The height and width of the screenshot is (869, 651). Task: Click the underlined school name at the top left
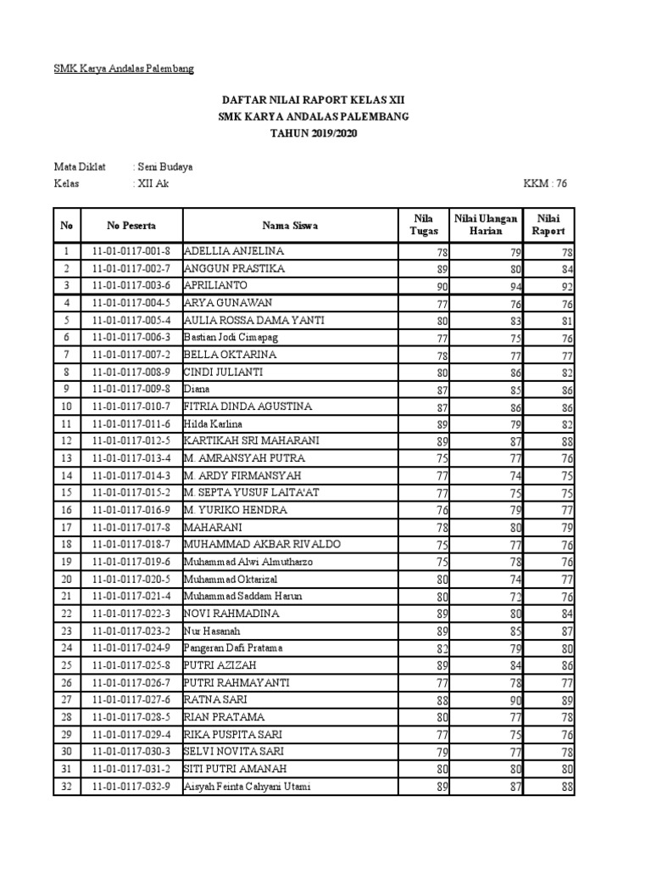(124, 69)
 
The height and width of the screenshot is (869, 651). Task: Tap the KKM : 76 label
(548, 184)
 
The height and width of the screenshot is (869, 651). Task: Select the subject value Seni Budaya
(165, 167)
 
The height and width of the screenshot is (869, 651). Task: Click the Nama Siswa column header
(290, 226)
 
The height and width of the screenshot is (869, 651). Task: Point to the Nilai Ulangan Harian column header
(486, 226)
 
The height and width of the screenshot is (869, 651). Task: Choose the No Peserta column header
(131, 226)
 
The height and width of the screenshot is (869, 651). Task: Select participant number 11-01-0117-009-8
(131, 390)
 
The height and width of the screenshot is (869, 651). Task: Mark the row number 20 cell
(66, 580)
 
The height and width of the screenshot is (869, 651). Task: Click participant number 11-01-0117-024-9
(131, 648)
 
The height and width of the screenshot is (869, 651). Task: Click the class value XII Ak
(152, 184)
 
